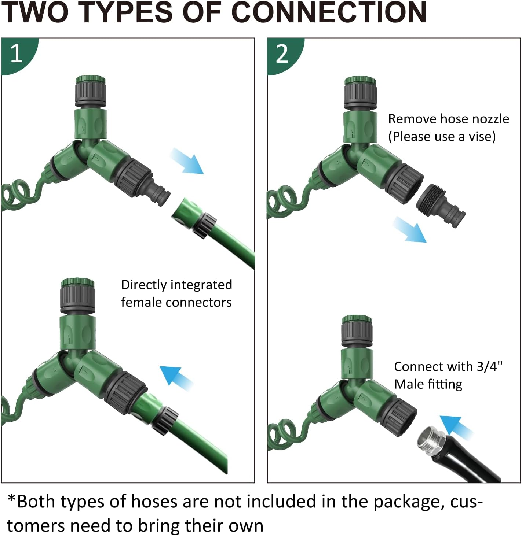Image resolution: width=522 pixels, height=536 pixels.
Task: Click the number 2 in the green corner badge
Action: pos(282,53)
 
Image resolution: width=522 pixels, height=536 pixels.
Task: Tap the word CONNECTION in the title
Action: pos(329,12)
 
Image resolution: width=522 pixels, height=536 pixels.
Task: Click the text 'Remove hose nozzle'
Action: pos(449,119)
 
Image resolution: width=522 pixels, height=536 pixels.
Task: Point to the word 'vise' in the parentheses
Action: pos(480,136)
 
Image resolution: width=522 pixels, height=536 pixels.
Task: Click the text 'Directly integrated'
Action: pos(176,285)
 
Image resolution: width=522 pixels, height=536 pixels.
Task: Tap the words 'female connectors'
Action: pos(176,302)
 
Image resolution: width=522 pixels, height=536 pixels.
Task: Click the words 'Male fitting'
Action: pos(428,385)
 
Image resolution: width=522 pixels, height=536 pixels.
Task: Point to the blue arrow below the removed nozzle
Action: pos(410,229)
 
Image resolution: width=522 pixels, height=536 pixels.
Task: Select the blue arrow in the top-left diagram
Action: pos(187,161)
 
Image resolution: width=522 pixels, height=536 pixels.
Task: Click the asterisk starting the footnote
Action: pos(11,498)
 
